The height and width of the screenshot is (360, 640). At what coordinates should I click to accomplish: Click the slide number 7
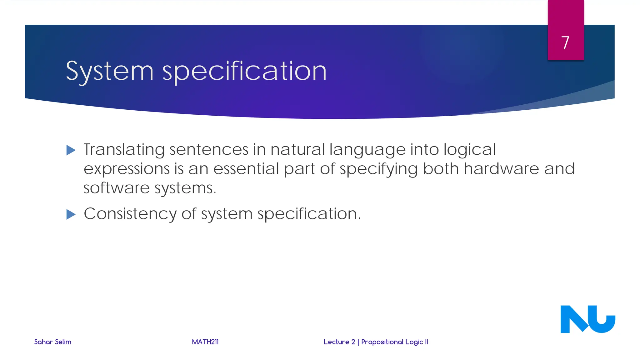point(565,43)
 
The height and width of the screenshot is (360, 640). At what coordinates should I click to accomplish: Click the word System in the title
point(110,72)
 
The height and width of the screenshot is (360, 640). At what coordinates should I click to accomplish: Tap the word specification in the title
point(244,72)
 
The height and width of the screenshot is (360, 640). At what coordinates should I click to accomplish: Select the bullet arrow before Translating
point(71,150)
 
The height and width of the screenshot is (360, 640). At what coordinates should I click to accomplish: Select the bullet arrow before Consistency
point(71,214)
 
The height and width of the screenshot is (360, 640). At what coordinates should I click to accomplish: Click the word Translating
point(124,150)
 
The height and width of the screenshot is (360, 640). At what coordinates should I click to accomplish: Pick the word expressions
point(127,169)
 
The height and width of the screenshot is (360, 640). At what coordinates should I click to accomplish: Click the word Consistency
point(130,214)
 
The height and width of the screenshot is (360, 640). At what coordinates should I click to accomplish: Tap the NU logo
point(587,319)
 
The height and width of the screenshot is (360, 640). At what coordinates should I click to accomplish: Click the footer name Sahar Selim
point(52,342)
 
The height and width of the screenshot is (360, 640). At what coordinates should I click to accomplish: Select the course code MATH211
point(205,342)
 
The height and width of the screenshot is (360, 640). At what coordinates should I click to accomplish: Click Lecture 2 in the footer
point(339,342)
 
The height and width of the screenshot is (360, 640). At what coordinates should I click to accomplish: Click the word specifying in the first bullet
point(378,169)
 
